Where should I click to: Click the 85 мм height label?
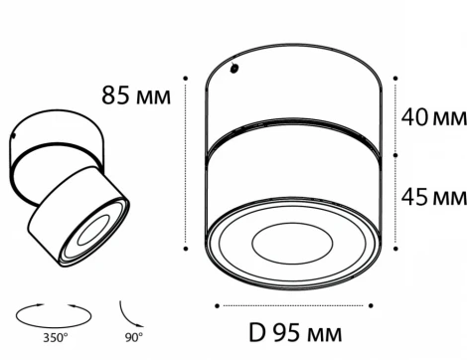[136, 95]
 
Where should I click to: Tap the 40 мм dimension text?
[434, 117]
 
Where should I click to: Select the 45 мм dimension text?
[434, 197]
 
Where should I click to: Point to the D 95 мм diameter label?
[295, 333]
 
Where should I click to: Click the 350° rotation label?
[56, 338]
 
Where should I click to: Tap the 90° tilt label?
[134, 337]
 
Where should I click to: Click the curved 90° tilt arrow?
[128, 316]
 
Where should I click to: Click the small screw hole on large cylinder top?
[234, 69]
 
